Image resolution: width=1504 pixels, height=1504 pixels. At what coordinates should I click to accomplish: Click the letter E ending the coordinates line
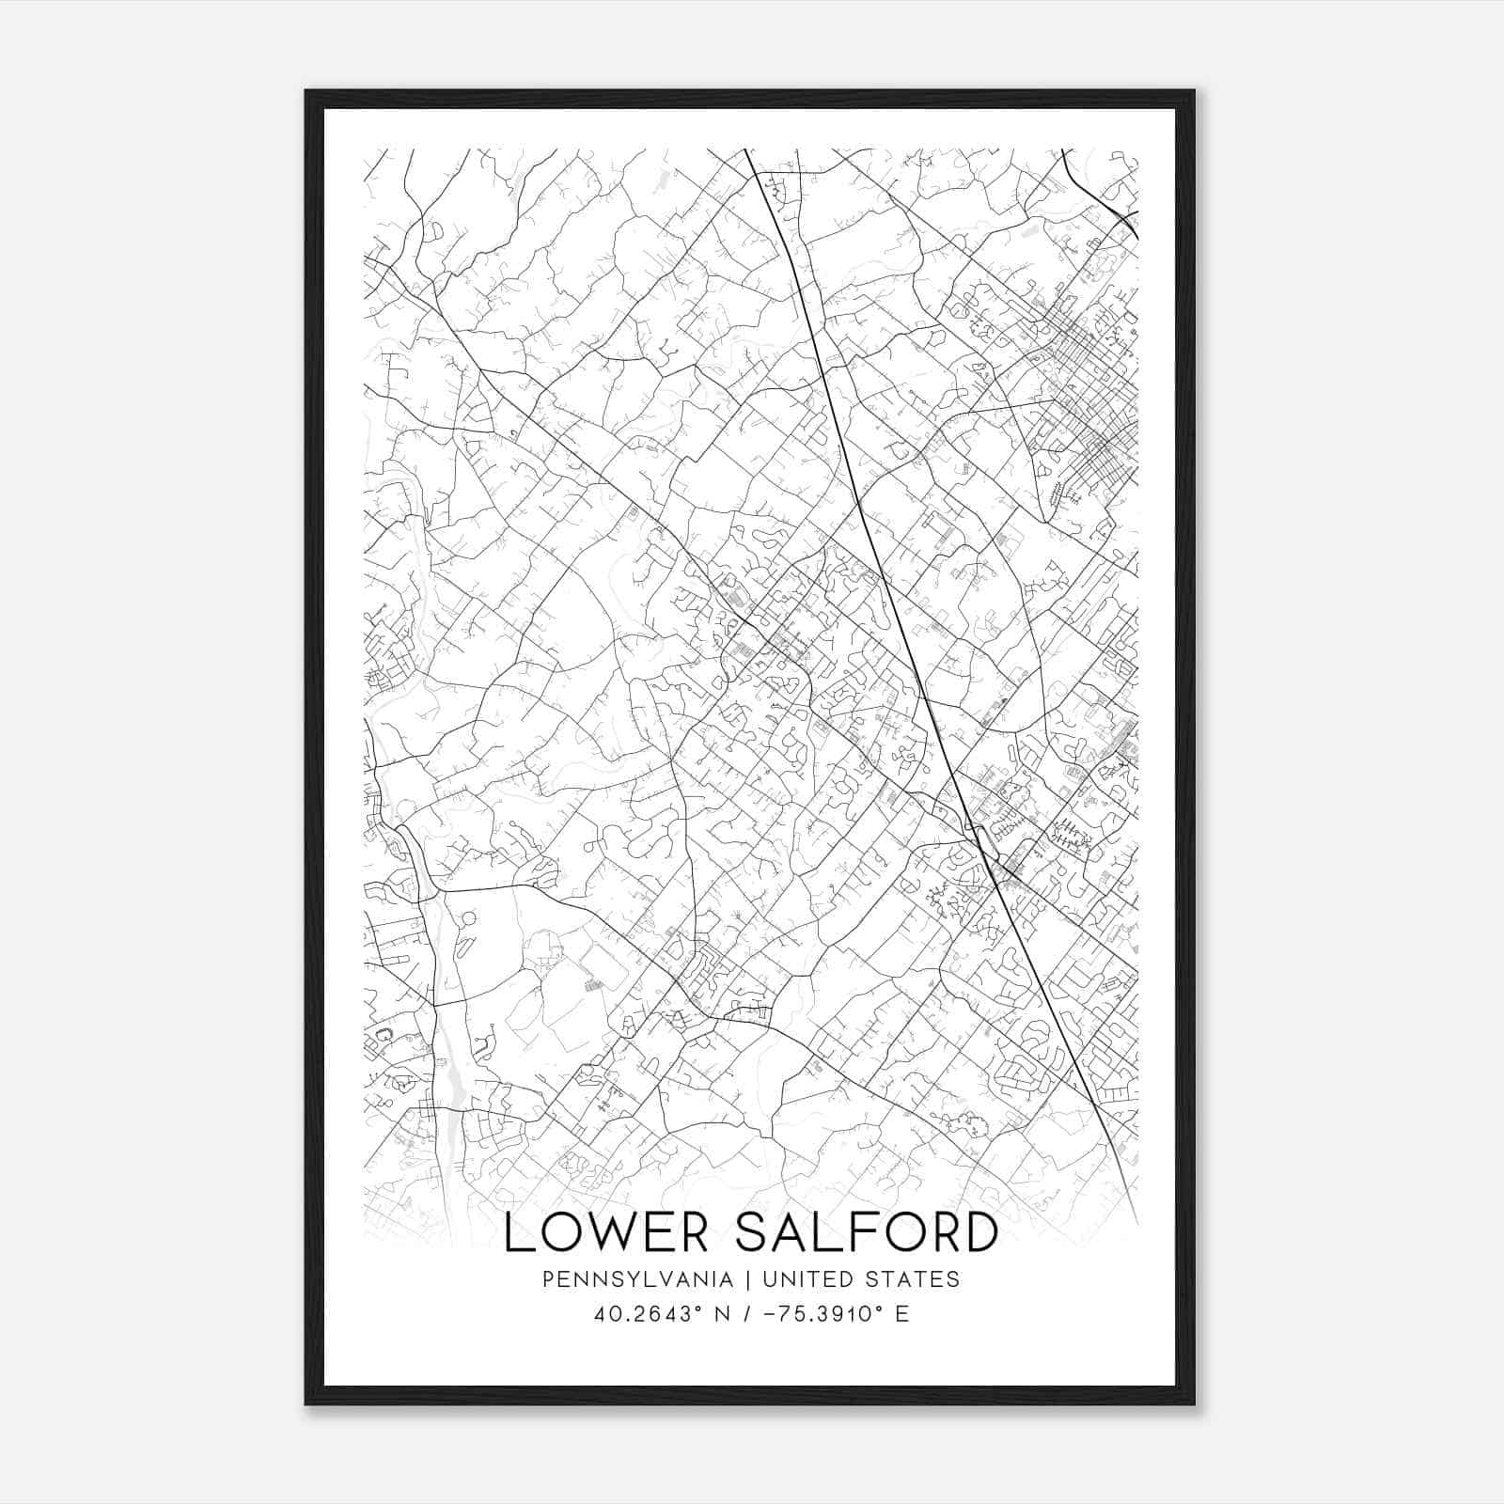pyautogui.click(x=901, y=1314)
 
